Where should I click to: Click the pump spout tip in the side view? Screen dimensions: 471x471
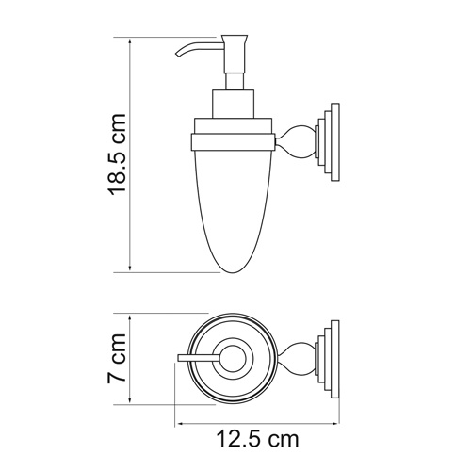click(x=176, y=57)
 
